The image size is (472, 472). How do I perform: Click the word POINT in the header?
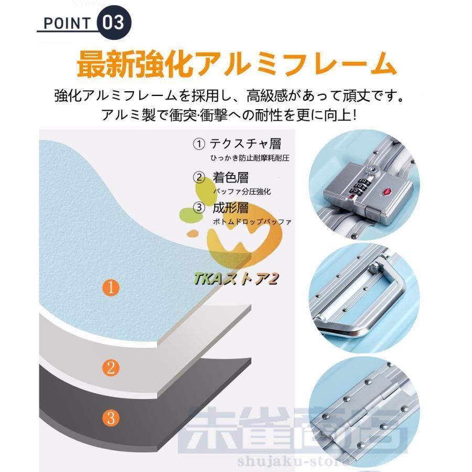point(66,23)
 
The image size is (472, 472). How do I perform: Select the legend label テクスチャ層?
point(244,143)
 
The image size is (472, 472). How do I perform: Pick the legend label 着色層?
point(230,177)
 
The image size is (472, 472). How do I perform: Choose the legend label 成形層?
point(230,208)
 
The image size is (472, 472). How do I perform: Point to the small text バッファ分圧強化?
point(242,192)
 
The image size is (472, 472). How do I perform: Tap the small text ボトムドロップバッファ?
point(252,222)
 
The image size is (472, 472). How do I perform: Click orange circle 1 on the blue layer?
point(110,287)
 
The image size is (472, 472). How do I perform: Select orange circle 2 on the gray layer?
point(110,368)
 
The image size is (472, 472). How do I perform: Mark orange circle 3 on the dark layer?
point(110,419)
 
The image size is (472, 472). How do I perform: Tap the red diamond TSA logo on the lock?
point(388,190)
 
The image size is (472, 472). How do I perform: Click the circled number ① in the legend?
point(199,143)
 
